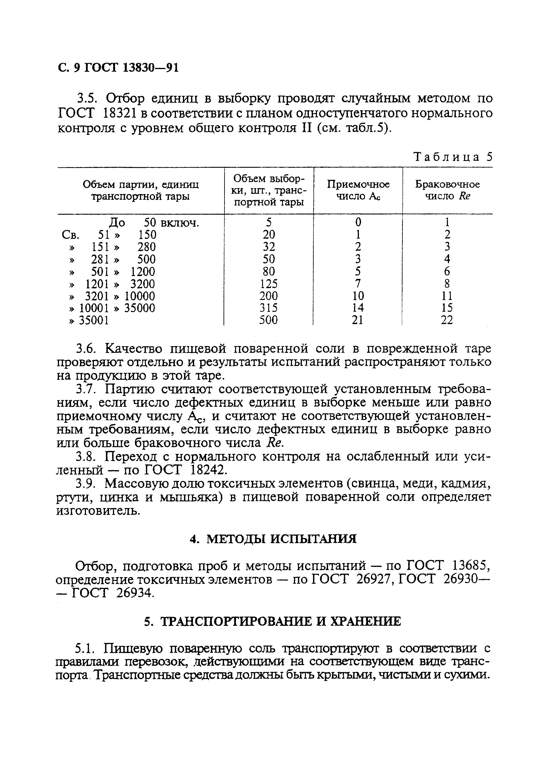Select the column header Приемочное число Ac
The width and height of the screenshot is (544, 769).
click(x=358, y=190)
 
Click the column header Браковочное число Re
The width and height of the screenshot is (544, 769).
click(x=447, y=190)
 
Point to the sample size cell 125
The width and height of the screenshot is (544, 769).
click(x=269, y=284)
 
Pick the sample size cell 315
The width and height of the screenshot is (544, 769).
click(x=269, y=308)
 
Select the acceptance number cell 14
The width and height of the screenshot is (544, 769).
click(x=358, y=308)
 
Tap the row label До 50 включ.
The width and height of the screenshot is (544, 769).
click(x=154, y=223)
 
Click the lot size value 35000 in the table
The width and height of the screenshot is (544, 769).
click(x=140, y=308)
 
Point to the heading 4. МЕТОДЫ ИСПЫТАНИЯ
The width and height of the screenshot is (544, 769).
click(x=273, y=539)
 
